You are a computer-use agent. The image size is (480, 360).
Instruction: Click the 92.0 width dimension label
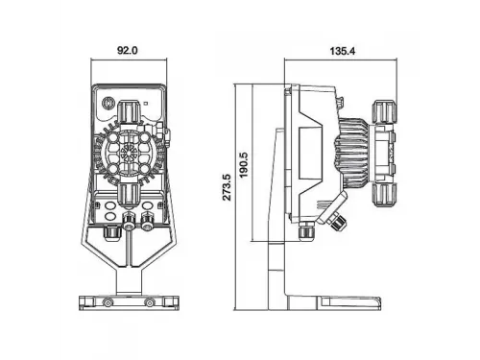(x=128, y=50)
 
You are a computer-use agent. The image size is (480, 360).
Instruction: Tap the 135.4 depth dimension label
(x=343, y=51)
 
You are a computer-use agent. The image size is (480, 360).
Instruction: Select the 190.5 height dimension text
(x=244, y=165)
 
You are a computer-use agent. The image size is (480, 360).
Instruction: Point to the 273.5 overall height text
(x=227, y=187)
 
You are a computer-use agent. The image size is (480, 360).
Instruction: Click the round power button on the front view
(x=108, y=104)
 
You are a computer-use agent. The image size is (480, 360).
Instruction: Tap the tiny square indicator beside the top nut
(x=146, y=104)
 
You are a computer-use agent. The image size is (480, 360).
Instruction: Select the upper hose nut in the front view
(x=129, y=111)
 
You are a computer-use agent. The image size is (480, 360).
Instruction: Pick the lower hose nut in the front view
(x=129, y=195)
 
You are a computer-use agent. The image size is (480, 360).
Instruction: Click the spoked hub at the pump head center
(x=129, y=153)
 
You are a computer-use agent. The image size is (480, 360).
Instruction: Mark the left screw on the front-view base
(x=108, y=302)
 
